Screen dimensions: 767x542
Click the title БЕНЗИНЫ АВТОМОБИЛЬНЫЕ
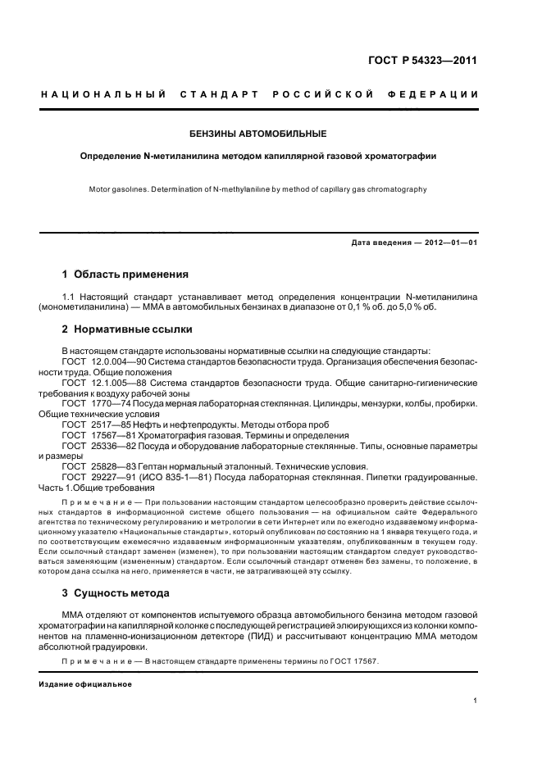coord(258,133)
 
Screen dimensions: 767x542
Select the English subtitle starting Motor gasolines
coord(258,189)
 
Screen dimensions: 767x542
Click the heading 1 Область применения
coord(125,275)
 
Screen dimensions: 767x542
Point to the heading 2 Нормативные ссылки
coord(127,330)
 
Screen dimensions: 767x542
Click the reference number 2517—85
coord(109,424)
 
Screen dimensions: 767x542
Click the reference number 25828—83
coord(112,465)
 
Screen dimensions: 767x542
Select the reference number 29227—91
coord(112,476)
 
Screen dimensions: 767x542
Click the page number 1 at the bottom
coord(476,701)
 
